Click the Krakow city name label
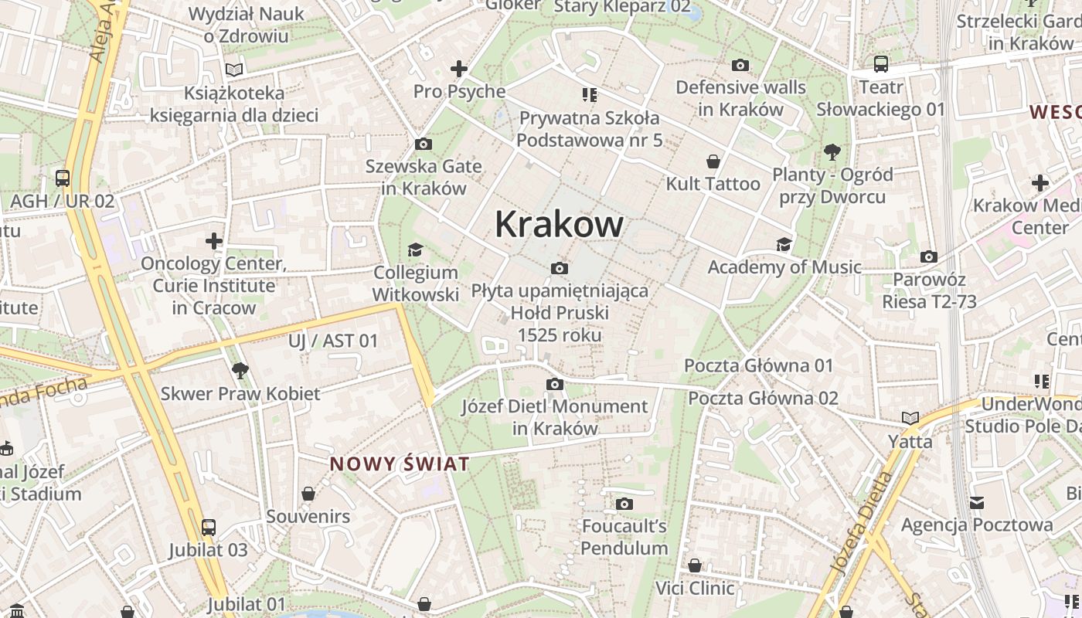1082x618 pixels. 559,224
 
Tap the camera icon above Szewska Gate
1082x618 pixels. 423,144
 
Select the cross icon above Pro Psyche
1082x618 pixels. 459,69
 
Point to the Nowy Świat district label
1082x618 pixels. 400,464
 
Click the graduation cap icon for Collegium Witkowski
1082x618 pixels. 415,250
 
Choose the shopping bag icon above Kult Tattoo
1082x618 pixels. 713,161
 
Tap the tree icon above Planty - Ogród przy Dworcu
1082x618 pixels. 832,151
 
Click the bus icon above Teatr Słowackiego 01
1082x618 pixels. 880,64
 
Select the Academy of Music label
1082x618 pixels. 784,267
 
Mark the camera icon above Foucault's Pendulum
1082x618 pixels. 624,504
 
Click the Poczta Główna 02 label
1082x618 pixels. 763,399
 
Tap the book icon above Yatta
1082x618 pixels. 910,419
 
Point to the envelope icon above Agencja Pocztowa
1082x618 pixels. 977,503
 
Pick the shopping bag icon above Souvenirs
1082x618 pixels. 308,494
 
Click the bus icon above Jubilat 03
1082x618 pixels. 208,528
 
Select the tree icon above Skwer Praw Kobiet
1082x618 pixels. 240,371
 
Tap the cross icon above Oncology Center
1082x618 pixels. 214,241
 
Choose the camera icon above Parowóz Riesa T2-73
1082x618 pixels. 929,257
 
